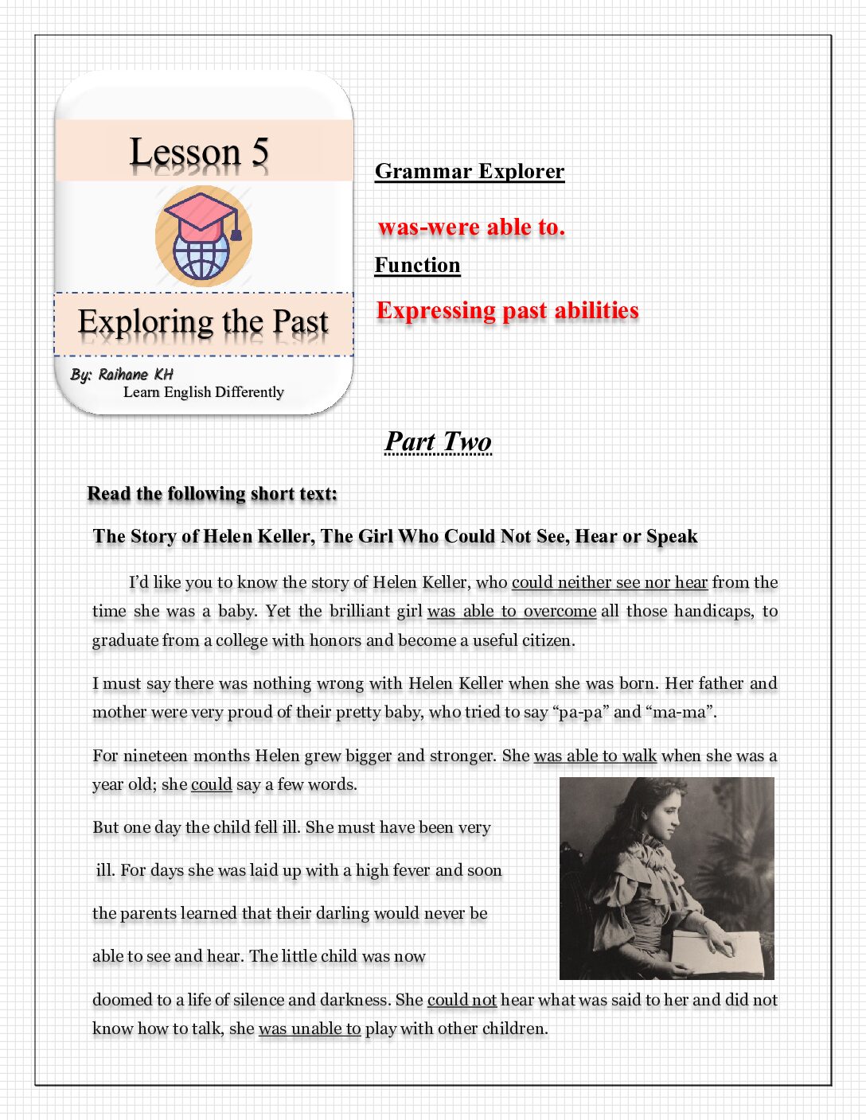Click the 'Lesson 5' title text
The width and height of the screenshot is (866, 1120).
tap(199, 152)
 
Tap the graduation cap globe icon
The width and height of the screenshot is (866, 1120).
tap(203, 236)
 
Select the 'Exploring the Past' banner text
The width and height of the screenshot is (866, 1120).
tap(203, 323)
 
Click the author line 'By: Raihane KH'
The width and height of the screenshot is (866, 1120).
tap(121, 375)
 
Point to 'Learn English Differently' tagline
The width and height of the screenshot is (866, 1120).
tap(203, 392)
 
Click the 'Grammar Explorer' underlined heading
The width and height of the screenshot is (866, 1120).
tap(470, 172)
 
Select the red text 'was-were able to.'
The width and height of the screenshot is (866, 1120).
tap(471, 227)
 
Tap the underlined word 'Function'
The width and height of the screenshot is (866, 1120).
tap(417, 265)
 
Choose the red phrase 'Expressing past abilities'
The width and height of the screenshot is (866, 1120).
tap(507, 310)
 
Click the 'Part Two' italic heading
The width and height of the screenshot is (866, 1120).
tap(438, 441)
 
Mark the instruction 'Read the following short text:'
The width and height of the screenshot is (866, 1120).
tap(212, 494)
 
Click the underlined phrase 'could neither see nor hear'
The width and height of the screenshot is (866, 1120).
tap(609, 582)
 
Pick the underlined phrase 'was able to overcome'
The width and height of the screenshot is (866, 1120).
tap(512, 611)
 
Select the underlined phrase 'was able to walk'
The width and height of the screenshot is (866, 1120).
tap(595, 756)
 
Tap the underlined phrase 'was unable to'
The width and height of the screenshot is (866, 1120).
tap(310, 1029)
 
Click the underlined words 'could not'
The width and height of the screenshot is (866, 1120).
tap(462, 1000)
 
